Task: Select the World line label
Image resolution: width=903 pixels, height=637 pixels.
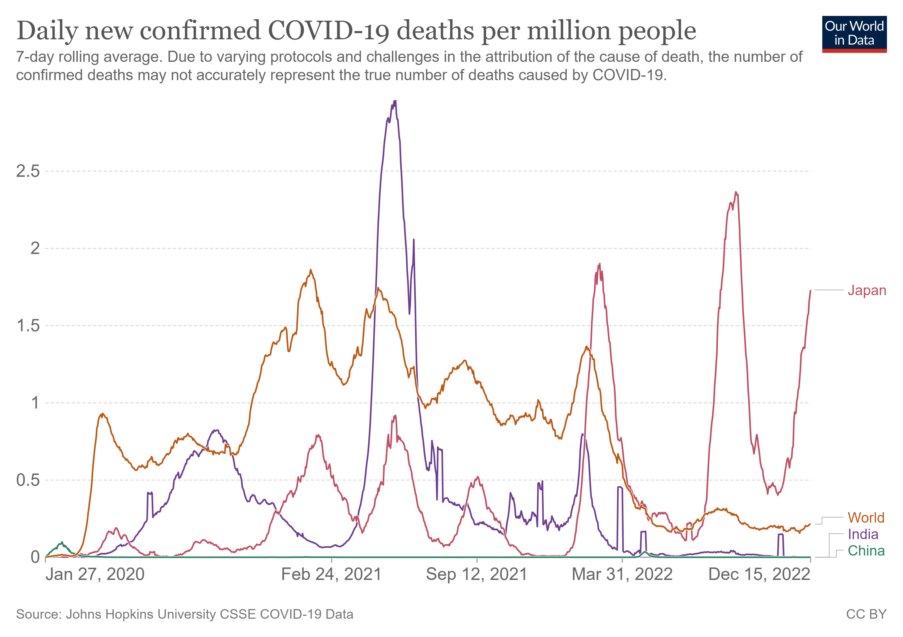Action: [x=866, y=518]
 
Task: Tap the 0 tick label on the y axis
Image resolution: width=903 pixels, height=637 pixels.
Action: [x=35, y=557]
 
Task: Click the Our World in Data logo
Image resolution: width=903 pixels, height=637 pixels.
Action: [x=854, y=34]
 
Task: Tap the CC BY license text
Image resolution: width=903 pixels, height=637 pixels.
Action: [x=866, y=614]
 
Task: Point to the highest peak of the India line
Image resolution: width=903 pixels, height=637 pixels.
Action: [x=395, y=101]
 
